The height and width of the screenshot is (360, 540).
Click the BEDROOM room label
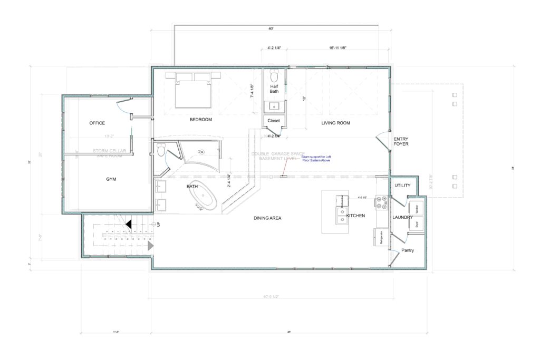point(201,120)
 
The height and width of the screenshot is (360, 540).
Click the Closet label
point(274,121)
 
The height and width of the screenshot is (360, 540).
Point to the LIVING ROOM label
point(336,123)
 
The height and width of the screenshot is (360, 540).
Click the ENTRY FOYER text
point(401,141)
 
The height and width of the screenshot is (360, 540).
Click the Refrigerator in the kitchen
point(381,238)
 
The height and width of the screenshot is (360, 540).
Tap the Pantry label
point(408,250)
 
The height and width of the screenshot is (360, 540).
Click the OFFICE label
point(97,123)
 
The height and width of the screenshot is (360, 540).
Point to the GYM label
point(111,179)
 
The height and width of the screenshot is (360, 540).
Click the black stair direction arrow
point(128,225)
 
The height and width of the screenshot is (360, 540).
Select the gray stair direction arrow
point(150,245)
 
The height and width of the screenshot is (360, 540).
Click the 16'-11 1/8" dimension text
point(337,48)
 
